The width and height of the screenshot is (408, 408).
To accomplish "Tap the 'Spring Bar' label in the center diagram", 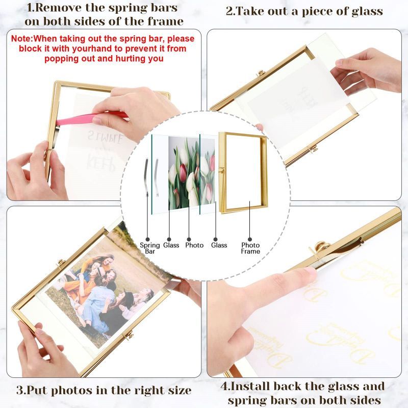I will pos(149,248).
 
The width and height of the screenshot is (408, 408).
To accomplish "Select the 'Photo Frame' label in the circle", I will pos(250,248).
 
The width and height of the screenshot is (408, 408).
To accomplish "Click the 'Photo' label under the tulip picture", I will pos(194,245).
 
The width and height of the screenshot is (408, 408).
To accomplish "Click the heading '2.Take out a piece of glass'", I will pos(304,11).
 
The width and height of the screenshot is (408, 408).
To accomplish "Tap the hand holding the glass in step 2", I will pos(365,69).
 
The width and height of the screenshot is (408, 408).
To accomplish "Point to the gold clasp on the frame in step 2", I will pos(314,148).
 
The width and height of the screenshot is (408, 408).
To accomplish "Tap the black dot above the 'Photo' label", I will pos(188,238).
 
